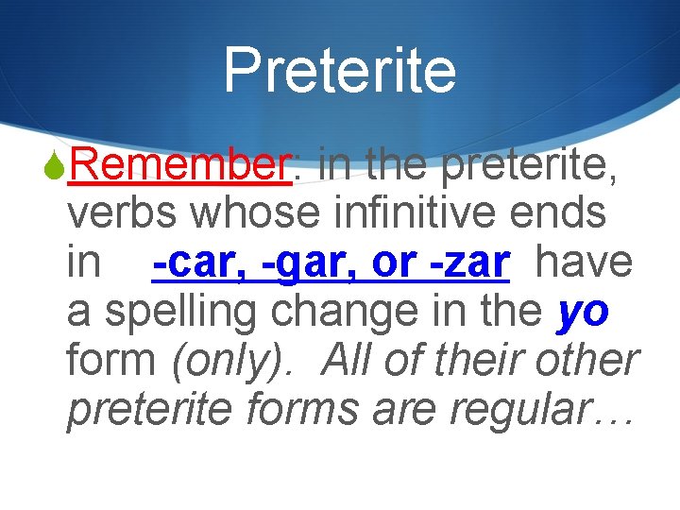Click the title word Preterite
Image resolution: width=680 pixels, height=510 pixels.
(339, 71)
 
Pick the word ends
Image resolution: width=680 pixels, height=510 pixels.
(563, 214)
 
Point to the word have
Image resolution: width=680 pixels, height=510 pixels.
(584, 263)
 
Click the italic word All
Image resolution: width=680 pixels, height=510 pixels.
(350, 362)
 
